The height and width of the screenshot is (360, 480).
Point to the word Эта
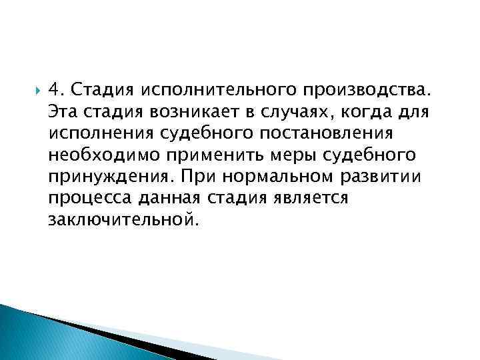pyautogui.click(x=63, y=110)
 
